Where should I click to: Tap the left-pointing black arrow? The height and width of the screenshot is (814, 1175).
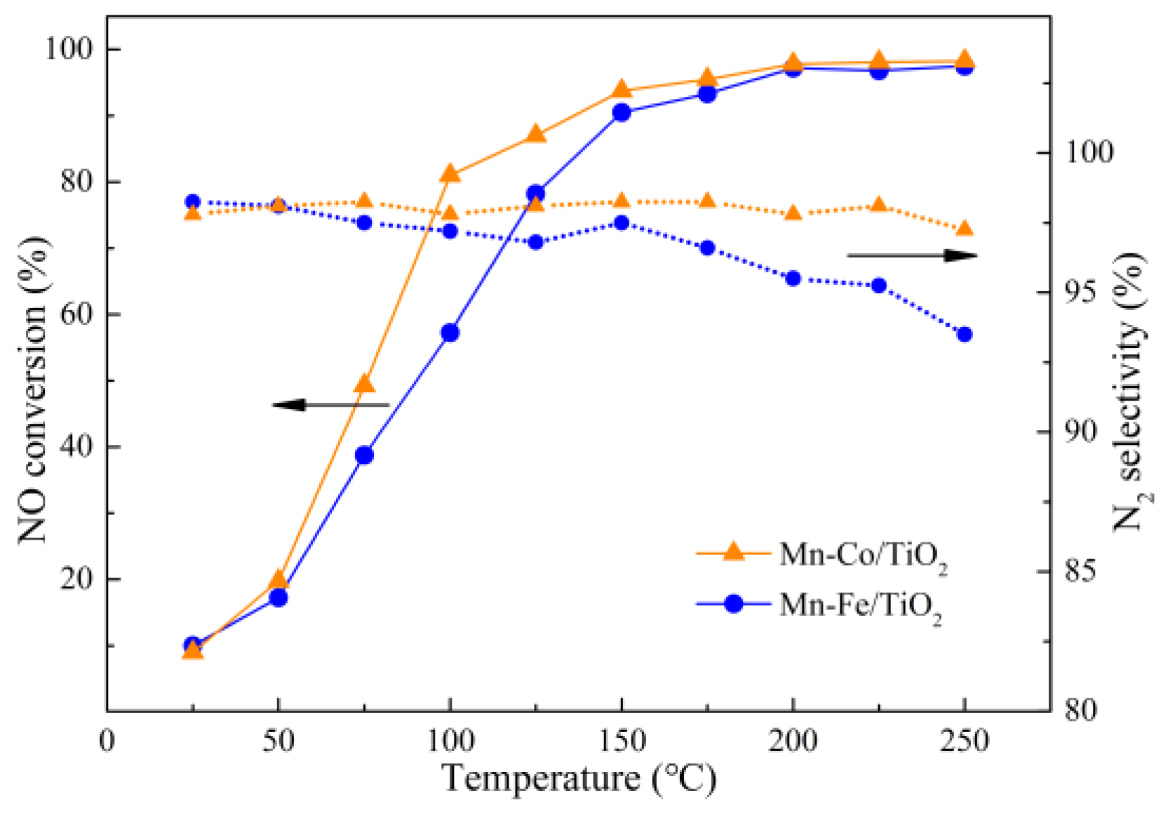pos(330,405)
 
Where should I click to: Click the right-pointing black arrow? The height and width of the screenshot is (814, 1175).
pos(912,255)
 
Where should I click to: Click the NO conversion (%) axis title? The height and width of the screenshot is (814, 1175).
pos(34,389)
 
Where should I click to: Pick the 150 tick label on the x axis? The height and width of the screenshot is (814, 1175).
pos(621,741)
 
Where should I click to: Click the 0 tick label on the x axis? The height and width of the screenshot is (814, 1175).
pos(107,741)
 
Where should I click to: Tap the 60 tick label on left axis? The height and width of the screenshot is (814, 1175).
pos(76,314)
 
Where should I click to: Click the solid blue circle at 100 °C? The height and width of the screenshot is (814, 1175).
pos(450,333)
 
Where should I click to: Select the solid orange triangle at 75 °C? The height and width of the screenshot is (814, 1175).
pos(364,384)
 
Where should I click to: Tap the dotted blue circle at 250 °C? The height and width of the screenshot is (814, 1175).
pos(965,334)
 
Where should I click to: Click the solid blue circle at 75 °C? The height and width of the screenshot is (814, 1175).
pos(364,455)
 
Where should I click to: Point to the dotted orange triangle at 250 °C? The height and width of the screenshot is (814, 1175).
pos(965,229)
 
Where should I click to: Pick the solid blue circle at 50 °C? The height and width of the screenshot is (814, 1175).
pos(278,598)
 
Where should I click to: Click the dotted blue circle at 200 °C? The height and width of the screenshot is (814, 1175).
pos(793,279)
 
